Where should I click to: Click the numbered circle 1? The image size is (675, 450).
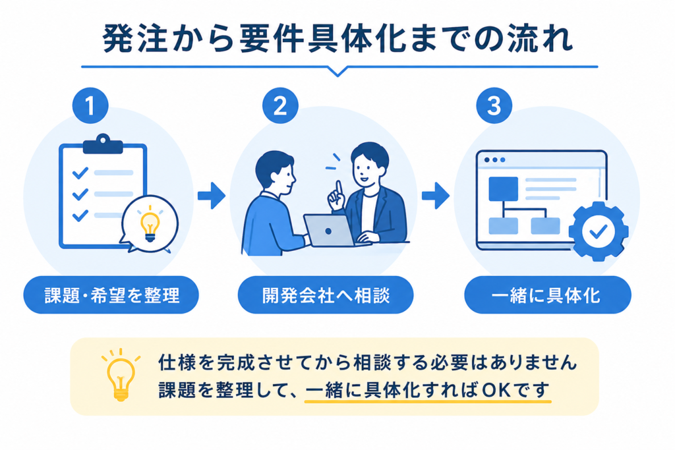tap(90, 105)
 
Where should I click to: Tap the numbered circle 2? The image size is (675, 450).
tap(280, 105)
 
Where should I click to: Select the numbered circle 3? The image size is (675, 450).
tap(494, 105)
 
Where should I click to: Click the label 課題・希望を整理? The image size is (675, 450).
tap(111, 295)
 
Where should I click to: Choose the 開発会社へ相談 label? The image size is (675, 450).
tap(326, 295)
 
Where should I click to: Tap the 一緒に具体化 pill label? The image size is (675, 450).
tap(548, 295)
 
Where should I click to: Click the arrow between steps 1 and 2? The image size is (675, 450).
tap(212, 196)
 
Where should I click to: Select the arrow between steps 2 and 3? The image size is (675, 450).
tap(436, 196)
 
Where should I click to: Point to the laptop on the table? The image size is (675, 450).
tap(330, 231)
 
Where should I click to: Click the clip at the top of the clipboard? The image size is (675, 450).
tap(103, 144)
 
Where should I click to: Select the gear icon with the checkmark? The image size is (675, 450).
tap(598, 231)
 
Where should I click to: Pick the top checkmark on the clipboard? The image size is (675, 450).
tap(80, 173)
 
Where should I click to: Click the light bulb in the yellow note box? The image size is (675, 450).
tap(121, 376)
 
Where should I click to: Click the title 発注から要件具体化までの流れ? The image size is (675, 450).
tap(338, 39)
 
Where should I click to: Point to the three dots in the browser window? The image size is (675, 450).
tap(494, 160)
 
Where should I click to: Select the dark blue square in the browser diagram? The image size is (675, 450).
tap(503, 189)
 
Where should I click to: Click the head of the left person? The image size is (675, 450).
tap(275, 170)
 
